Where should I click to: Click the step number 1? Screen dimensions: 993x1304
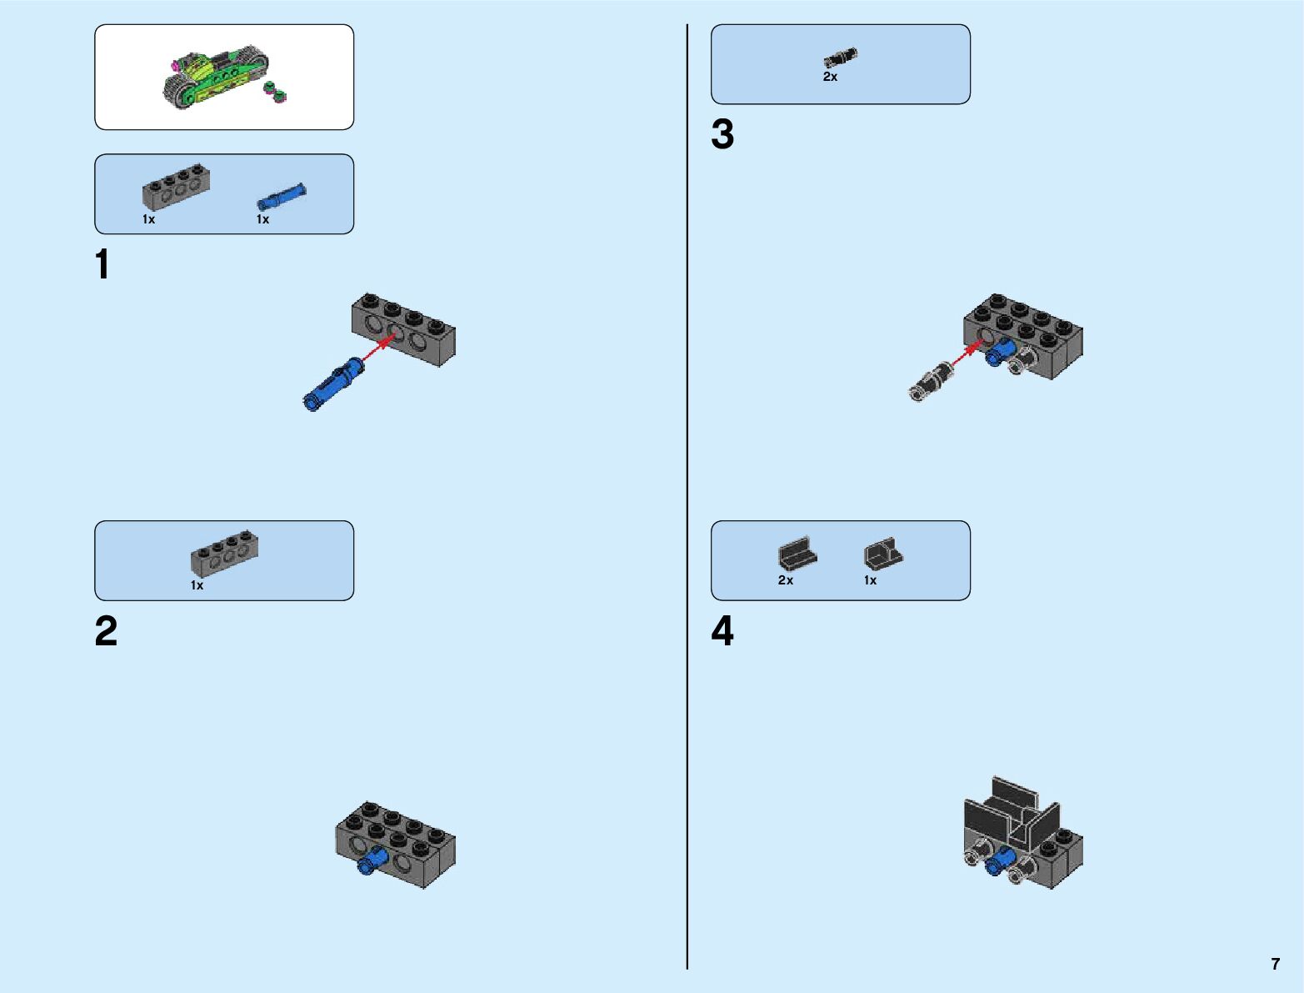(102, 265)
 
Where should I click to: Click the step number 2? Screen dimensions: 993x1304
(106, 631)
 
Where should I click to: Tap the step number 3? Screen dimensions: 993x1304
(722, 135)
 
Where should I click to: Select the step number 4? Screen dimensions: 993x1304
(722, 631)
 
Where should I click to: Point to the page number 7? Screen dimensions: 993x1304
(1275, 964)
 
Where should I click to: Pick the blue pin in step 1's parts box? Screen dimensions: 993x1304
(281, 197)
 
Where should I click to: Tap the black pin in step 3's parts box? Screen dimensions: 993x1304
(840, 58)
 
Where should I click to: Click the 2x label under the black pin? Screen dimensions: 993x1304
(830, 77)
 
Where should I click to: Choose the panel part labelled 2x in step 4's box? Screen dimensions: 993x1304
(797, 554)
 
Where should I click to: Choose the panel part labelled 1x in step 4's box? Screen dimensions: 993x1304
(882, 554)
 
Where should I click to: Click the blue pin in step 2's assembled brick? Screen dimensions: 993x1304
(371, 860)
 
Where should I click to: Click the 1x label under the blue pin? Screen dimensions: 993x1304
(262, 219)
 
